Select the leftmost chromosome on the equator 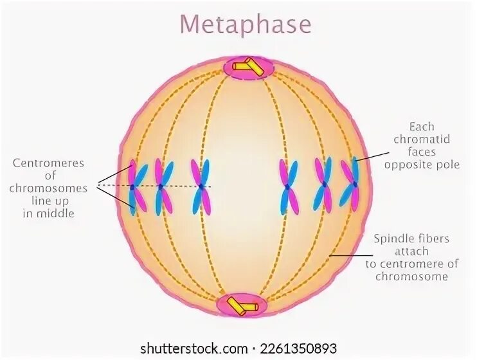(x=136, y=187)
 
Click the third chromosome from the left (x=201, y=186)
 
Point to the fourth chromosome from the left (x=289, y=186)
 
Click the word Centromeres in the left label (x=49, y=163)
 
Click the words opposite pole (x=422, y=165)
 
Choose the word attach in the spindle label (x=411, y=251)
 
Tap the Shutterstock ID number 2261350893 (x=298, y=348)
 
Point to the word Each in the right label (x=422, y=127)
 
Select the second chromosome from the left (x=163, y=186)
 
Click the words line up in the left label (x=49, y=201)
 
